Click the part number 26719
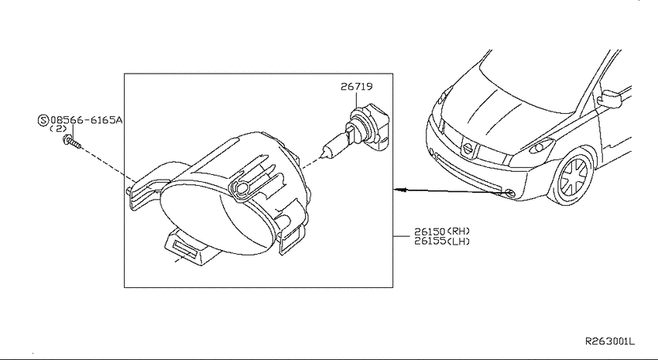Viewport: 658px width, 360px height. [x=356, y=87]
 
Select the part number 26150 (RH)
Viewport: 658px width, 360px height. [x=442, y=231]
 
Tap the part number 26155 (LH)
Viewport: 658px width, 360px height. [x=442, y=242]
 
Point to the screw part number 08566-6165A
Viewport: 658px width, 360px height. [x=87, y=121]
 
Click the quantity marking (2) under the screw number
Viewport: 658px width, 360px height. [x=58, y=129]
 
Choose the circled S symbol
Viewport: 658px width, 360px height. [x=43, y=121]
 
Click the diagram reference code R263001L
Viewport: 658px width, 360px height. [x=610, y=341]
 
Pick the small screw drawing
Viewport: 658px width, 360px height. [x=72, y=142]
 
